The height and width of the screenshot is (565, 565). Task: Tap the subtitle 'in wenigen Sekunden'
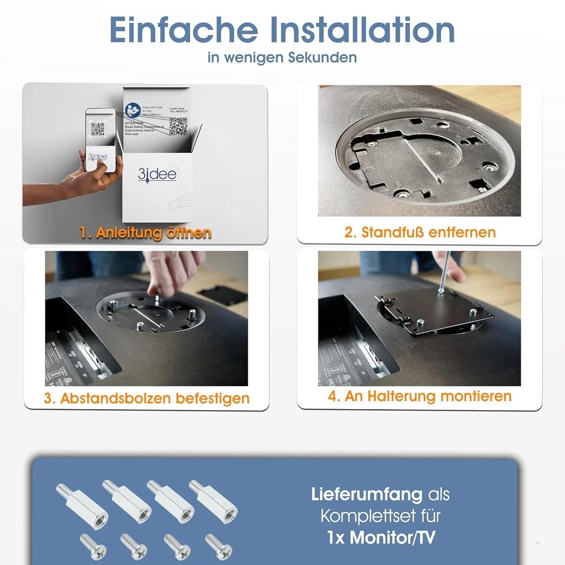[x=282, y=58]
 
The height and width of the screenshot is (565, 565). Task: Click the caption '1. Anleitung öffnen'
[x=145, y=233]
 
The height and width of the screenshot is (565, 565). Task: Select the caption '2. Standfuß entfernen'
[x=420, y=232]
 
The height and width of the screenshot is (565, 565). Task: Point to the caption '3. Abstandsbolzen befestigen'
[x=147, y=398]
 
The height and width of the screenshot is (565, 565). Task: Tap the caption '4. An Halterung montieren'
[x=420, y=396]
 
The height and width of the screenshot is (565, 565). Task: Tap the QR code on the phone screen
[x=98, y=129]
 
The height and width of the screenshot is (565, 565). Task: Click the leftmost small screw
[x=92, y=546]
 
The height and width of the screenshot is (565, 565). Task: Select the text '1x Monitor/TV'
[x=380, y=537]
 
